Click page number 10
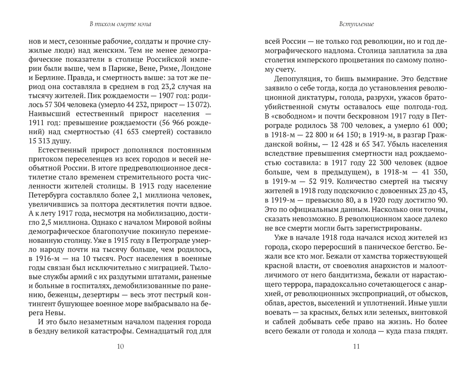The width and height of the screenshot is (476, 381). [121, 345]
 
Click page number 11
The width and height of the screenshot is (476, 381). [357, 345]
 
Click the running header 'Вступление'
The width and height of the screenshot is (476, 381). [357, 24]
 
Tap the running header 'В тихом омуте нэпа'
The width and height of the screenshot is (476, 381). [121, 24]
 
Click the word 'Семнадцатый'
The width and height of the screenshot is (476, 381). [151, 330]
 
